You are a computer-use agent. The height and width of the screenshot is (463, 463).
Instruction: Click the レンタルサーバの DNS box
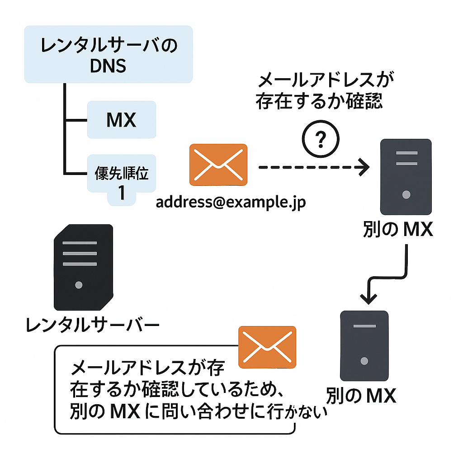[109, 54]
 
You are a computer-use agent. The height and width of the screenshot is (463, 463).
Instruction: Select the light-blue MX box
[121, 120]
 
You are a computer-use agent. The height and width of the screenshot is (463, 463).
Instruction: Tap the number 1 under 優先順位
[121, 194]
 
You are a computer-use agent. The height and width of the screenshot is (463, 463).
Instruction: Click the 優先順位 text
[121, 174]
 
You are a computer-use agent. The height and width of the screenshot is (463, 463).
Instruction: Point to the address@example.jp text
[231, 202]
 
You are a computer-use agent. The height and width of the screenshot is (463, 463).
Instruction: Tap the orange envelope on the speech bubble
[267, 346]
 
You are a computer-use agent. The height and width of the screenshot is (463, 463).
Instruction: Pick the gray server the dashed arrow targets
[406, 176]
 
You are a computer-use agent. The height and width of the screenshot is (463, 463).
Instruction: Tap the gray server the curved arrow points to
[364, 345]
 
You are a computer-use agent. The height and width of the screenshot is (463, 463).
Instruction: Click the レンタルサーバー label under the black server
[92, 325]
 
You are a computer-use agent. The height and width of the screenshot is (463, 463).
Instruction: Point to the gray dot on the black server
[79, 285]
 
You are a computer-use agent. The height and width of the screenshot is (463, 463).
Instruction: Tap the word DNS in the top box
[108, 66]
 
